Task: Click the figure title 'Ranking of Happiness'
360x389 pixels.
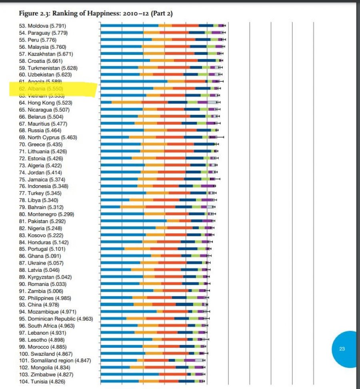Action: [96, 14]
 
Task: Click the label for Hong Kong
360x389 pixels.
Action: [44, 102]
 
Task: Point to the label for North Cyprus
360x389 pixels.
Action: [46, 137]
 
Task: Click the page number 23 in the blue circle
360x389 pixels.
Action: [342, 349]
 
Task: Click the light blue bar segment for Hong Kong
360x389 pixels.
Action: [106, 102]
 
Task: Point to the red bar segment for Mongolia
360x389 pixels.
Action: [160, 367]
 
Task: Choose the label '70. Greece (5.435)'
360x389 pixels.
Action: [42, 144]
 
